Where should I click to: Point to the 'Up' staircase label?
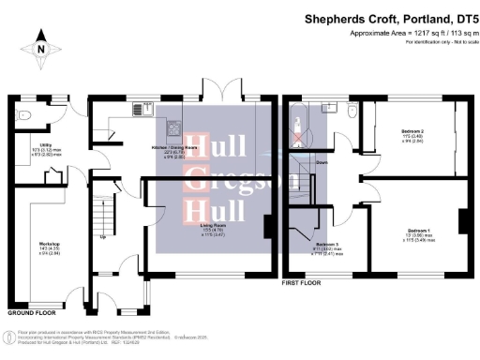(x=101, y=236)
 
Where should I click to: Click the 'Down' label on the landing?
(x=322, y=161)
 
